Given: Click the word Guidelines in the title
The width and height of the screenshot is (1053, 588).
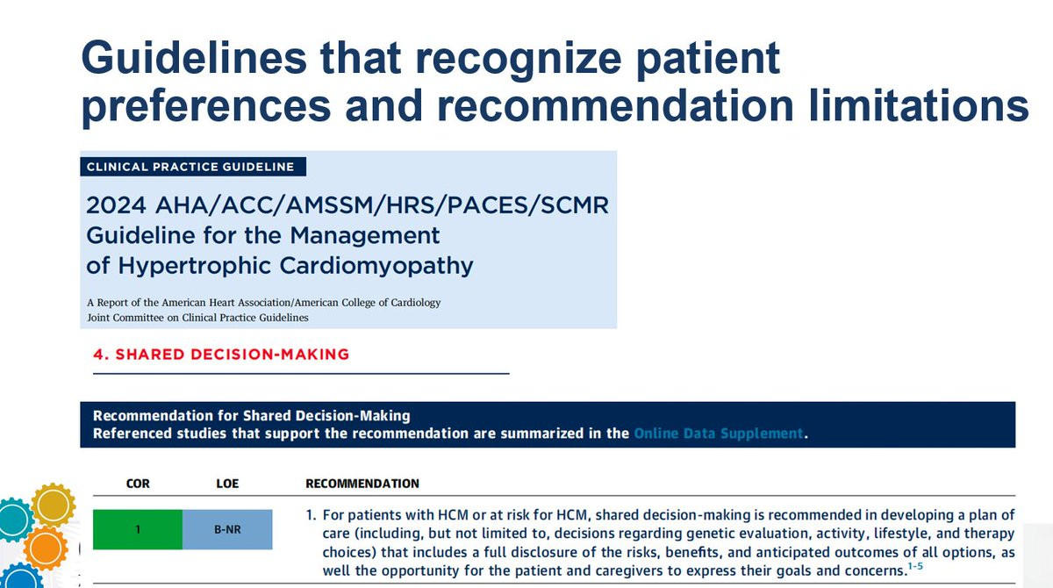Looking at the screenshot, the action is (x=194, y=58).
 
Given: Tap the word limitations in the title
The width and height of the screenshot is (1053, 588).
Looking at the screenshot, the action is (x=919, y=106).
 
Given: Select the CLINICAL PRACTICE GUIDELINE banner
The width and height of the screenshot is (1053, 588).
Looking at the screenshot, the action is (x=193, y=167).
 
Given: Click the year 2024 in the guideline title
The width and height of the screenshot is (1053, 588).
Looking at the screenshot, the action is (x=116, y=205).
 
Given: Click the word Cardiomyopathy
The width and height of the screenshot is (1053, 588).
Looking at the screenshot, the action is (x=376, y=266).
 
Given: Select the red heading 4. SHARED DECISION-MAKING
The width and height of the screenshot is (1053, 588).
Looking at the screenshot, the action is (x=221, y=355).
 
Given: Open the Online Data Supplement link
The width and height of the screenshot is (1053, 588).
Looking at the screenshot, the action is (x=719, y=434).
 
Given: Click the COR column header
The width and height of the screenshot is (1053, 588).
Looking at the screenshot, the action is (x=138, y=484).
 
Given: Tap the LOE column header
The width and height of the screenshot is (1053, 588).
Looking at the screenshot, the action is (x=227, y=484).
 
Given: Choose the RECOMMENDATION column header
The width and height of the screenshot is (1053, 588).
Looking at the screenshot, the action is (x=362, y=484).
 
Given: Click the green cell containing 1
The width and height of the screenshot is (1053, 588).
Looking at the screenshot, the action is (x=138, y=530).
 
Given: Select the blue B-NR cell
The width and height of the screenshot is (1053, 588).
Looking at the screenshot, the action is (x=227, y=530).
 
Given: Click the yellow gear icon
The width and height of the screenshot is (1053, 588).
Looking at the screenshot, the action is (x=54, y=505).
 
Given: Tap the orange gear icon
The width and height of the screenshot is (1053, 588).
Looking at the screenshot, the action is (x=46, y=548).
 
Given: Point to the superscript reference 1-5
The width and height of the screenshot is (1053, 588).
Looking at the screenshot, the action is (x=915, y=566).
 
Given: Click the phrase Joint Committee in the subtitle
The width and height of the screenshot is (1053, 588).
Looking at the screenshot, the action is (x=125, y=318).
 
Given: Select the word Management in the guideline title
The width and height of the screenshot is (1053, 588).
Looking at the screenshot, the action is (x=365, y=235).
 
